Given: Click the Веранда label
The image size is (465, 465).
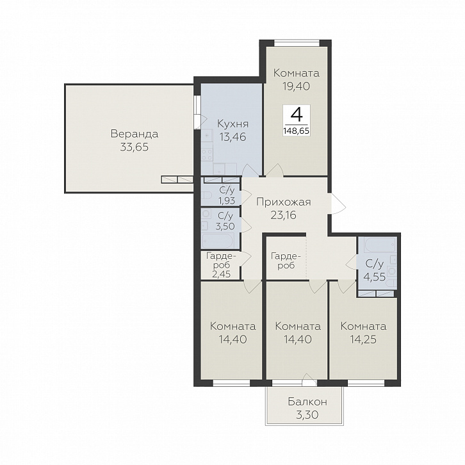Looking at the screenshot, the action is pos(135,134).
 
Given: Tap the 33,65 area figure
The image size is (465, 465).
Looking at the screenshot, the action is pos(135,147).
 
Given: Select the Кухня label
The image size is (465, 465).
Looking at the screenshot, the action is pos(232,124).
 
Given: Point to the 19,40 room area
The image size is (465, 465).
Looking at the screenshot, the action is pos(296,86).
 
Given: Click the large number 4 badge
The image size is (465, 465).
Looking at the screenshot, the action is pos(297,115).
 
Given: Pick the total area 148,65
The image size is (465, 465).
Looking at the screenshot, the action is pos(297,131).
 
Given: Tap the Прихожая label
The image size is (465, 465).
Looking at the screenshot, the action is pos(284,202).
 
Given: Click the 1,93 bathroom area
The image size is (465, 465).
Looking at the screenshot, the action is pos(227,200).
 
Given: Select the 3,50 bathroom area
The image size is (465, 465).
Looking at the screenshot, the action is pos(225,226).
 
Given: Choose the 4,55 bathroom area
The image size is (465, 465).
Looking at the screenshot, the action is pos(375,277).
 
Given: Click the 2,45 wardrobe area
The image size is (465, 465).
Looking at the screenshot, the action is pos(221,273).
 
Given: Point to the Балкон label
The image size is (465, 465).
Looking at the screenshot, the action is pos(307,402).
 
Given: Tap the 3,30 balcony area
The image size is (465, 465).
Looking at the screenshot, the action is pos(307,415).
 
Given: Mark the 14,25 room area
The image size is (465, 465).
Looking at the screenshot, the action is pos(363,339).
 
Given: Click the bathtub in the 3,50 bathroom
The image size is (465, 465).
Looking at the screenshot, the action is pos(218,240).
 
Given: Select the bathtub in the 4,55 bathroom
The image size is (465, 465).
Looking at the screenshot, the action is pos(380,245).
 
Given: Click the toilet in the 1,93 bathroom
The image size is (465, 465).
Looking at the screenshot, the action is pos(207,195).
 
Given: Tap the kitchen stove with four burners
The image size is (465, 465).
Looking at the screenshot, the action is pos(207,155).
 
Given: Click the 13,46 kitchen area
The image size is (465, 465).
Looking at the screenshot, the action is pos(232,137).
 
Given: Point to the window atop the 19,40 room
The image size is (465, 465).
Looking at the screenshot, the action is pos(297,44).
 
